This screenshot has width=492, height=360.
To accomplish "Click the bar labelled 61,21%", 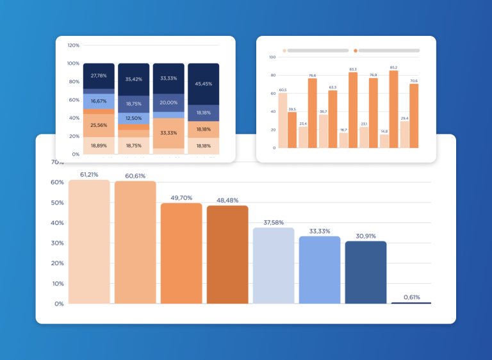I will [x=89, y=242].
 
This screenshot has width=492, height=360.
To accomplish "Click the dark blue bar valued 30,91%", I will [x=366, y=272].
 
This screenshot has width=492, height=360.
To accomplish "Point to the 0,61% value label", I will [x=411, y=297].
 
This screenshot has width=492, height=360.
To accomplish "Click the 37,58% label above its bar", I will [x=274, y=223].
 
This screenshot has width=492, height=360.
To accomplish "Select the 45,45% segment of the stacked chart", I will [x=204, y=84].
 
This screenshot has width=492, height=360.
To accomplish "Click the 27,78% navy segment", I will [x=99, y=76].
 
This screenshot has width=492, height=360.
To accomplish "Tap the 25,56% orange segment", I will [x=99, y=126].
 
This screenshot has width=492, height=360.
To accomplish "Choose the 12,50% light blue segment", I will [x=134, y=118].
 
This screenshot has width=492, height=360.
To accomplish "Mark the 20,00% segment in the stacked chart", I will [x=168, y=102].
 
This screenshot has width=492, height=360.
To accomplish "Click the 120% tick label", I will [x=73, y=45].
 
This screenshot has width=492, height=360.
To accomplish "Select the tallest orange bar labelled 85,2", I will [x=393, y=109].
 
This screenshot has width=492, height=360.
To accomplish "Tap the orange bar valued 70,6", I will [x=414, y=116].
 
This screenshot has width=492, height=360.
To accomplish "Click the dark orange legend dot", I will [x=356, y=50].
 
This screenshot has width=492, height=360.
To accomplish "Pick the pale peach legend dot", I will [x=284, y=50].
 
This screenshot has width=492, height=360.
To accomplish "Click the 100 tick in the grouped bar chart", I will [x=272, y=57].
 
